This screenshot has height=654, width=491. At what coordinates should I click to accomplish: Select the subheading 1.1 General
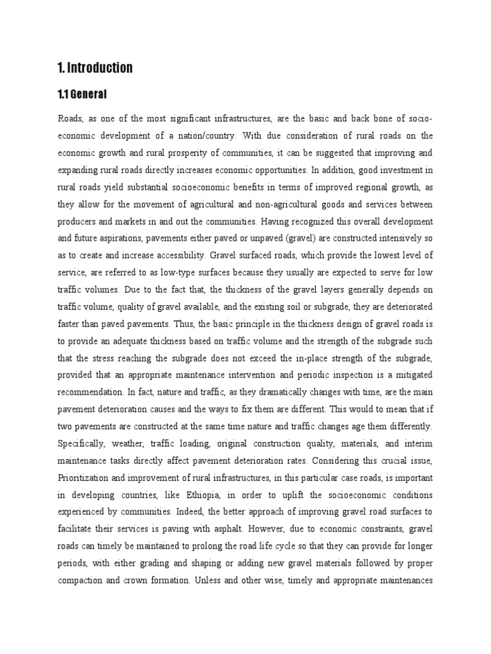tap(82, 95)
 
